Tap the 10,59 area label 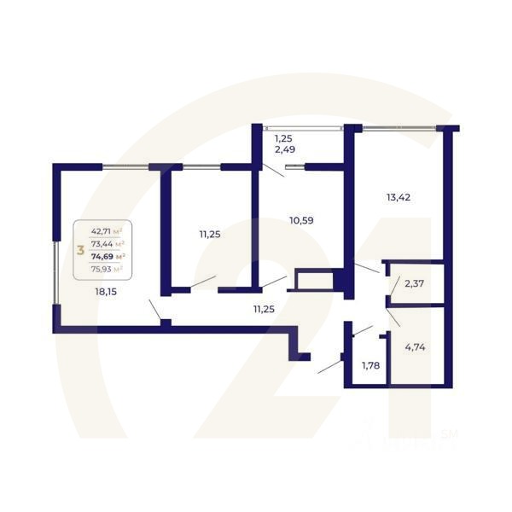tap(301, 220)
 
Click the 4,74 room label tap(416, 346)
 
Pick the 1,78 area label tap(370, 366)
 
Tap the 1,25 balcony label tap(283, 138)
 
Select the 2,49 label tap(284, 151)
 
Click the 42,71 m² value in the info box tap(107, 230)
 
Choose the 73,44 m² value tap(107, 243)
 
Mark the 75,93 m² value tap(107, 268)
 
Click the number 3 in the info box tap(80, 250)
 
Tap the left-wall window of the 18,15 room tap(54, 271)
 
